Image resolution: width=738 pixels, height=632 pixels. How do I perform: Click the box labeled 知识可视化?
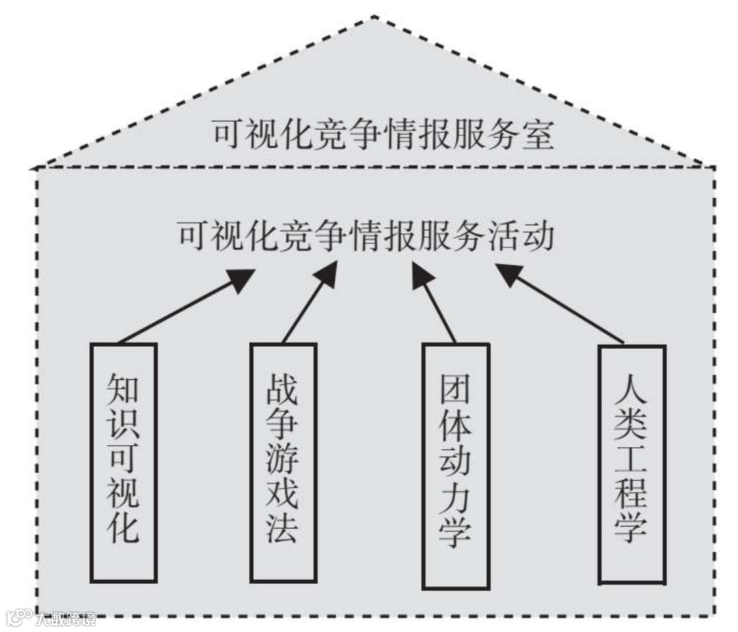coord(124,463)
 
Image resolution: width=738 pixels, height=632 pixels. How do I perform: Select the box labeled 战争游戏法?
coord(283,463)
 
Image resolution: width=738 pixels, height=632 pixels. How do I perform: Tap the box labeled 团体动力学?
coord(456,466)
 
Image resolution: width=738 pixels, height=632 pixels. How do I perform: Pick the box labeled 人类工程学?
coord(631,465)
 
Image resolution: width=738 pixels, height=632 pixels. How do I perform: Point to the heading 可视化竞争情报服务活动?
coord(366,236)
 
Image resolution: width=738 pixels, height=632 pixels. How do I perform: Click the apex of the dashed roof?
coord(374,17)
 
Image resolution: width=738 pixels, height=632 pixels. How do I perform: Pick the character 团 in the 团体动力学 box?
coord(456,394)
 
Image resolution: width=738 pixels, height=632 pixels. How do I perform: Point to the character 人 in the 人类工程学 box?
coord(631,391)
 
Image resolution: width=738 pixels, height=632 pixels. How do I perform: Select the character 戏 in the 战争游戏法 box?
coord(282,496)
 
